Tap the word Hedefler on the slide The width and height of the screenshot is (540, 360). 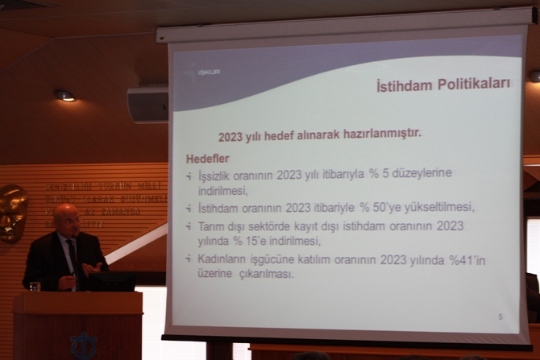coord(208,159)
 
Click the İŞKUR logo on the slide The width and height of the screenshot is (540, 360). coord(205,72)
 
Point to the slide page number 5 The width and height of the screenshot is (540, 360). coord(500,317)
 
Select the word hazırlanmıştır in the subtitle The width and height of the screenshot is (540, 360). coord(379,136)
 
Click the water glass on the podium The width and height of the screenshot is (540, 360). coord(35,286)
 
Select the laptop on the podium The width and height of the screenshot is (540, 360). coord(113,280)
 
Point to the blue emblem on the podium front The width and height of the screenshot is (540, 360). coord(84,346)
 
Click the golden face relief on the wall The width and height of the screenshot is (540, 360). coord(12,212)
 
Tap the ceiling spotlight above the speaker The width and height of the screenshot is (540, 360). coord(64,95)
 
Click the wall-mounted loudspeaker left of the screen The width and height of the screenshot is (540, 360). coord(147,104)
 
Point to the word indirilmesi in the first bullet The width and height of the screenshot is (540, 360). coord(223,191)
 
